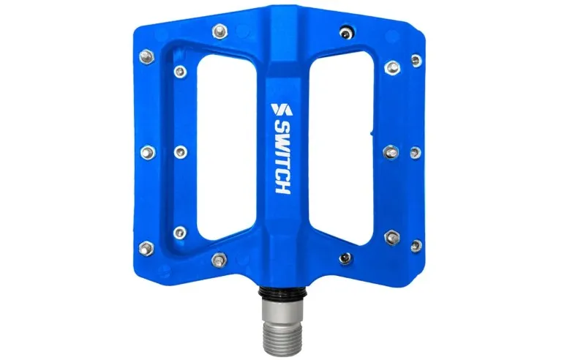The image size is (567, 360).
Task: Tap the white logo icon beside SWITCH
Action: point(281,110)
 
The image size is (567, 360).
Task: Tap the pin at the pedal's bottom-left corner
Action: point(146,247)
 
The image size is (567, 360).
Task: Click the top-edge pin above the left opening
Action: point(217,31)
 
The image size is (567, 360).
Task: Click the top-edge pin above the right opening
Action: point(345,31)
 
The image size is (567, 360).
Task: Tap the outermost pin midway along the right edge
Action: point(416,151)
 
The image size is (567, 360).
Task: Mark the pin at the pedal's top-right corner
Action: point(416,59)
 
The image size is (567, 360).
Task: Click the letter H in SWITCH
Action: point(282,186)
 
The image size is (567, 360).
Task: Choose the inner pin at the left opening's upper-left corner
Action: point(180,72)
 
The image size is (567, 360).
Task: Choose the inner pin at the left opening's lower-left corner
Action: point(180,233)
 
